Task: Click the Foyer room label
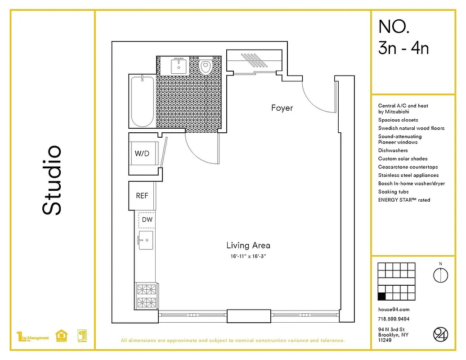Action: tap(282, 108)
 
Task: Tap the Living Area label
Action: tap(248, 245)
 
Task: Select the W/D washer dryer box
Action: tap(142, 154)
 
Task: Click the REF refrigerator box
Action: tap(142, 196)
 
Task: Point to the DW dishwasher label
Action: tap(147, 220)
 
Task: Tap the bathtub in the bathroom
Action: tap(143, 101)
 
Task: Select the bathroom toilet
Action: tap(206, 67)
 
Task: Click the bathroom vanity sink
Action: tap(179, 67)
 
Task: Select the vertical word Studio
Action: tap(52, 180)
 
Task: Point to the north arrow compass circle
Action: tap(440, 274)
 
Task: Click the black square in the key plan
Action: tap(381, 296)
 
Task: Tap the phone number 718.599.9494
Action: tap(394, 319)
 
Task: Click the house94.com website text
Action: tap(394, 309)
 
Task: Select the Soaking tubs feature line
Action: tap(393, 192)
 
